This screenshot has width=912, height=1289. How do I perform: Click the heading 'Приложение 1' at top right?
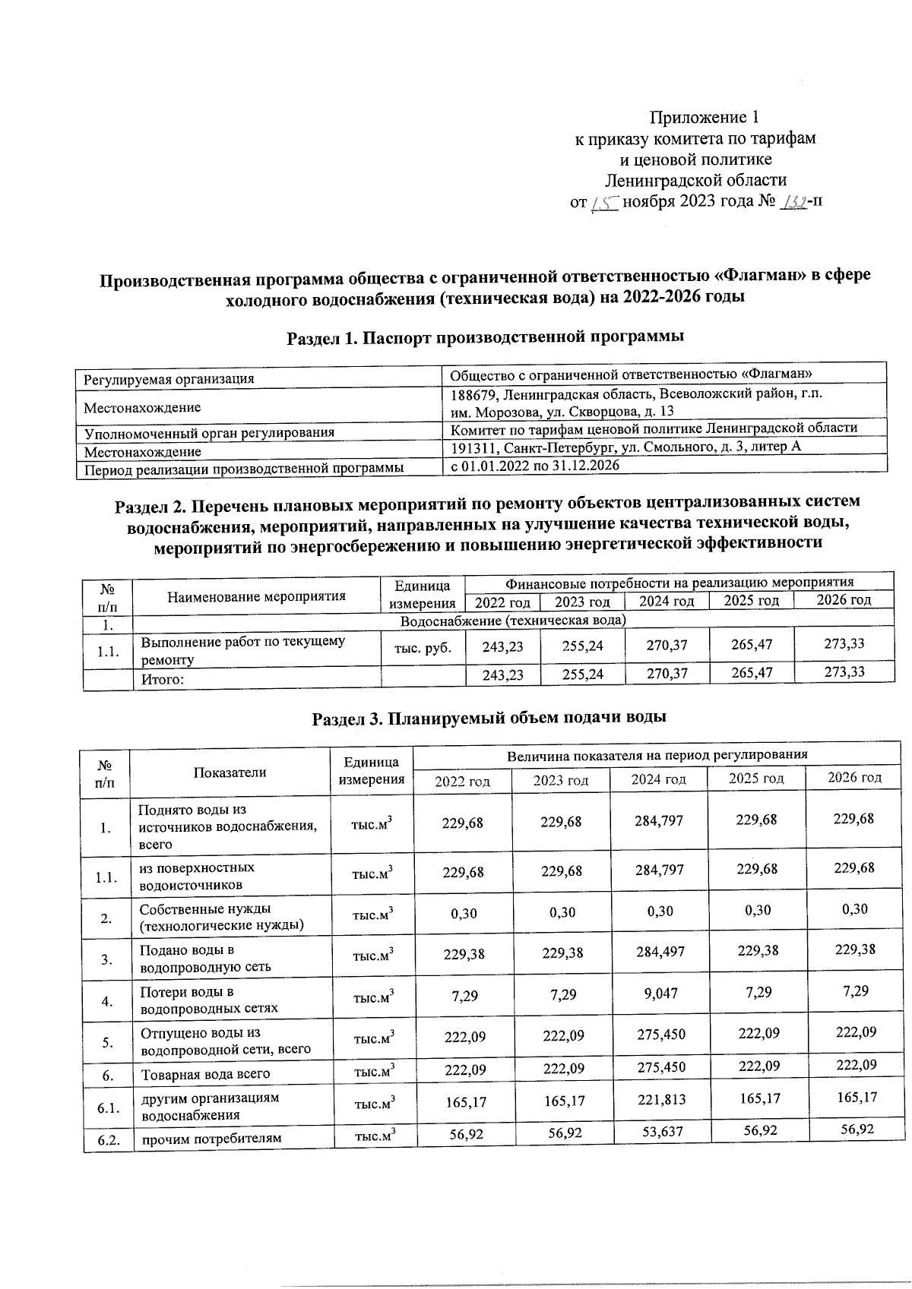point(704,117)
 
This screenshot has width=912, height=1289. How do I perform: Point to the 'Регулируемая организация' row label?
point(169,378)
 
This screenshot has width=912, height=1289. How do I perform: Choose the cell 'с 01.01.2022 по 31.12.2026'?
point(535,466)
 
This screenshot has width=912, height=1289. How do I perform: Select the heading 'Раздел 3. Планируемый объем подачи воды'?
point(490,717)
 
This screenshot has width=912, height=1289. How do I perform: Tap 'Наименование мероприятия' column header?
point(257,596)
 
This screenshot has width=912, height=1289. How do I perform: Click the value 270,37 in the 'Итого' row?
point(667,672)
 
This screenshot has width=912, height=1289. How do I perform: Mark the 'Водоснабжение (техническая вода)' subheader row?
point(513,621)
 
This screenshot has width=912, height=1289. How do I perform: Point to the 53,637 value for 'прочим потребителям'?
point(660,1132)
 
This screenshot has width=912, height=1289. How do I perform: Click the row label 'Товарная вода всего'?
point(204,1074)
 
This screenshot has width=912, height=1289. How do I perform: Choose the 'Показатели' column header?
point(230,772)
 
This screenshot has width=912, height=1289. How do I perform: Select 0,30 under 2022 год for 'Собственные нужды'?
point(464,914)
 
